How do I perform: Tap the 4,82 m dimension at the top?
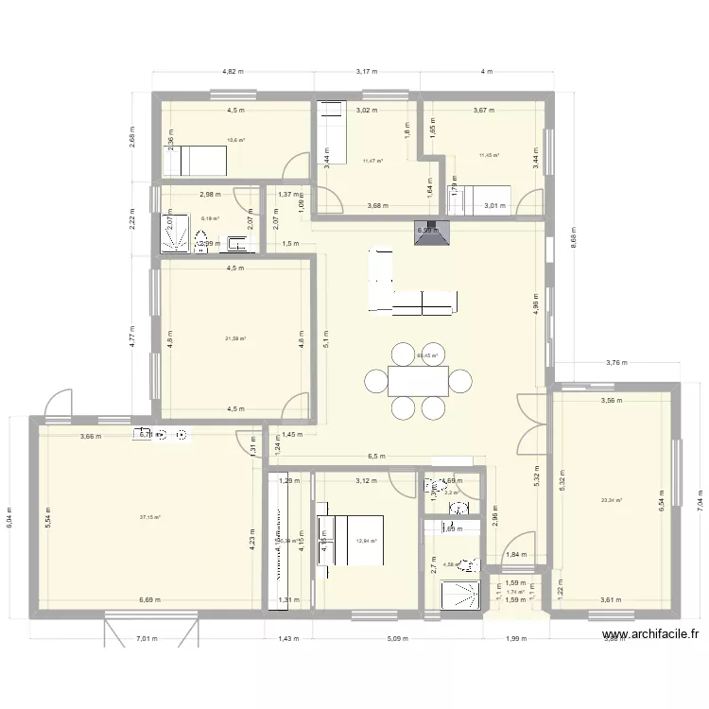pos(233,70)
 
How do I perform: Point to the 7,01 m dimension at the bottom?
pos(146,638)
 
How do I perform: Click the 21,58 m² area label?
pos(235,338)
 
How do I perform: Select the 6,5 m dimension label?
pos(377,457)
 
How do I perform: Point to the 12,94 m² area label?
pos(367,542)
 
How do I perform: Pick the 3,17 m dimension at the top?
pos(367,70)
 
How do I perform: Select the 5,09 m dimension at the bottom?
pos(397,638)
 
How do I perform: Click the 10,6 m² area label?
pos(235,141)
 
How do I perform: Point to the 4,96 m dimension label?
pos(536,304)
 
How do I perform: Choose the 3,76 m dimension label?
pos(616,362)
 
